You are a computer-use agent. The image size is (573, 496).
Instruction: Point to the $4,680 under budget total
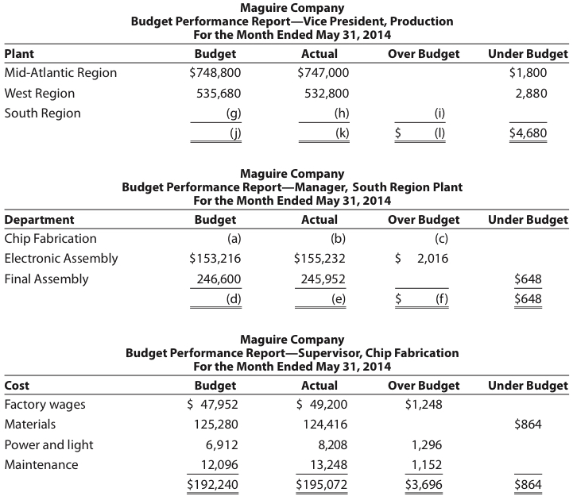(x=528, y=133)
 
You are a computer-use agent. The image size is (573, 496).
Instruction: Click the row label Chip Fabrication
(x=51, y=238)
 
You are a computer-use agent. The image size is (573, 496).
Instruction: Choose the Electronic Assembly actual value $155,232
(x=319, y=258)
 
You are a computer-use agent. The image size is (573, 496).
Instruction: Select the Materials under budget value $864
(x=528, y=425)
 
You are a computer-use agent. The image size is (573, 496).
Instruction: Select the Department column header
(x=40, y=219)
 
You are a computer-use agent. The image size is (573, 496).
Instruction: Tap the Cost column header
(x=17, y=385)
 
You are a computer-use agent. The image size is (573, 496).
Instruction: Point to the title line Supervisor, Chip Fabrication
(x=292, y=352)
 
